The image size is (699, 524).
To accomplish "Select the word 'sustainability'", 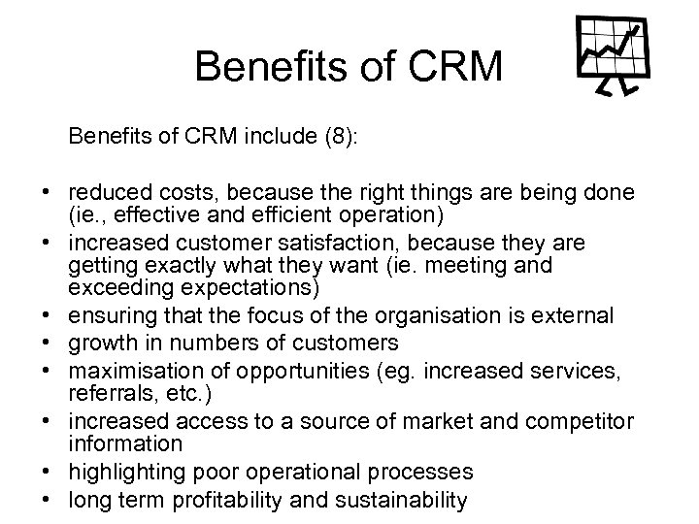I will (x=397, y=500).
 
